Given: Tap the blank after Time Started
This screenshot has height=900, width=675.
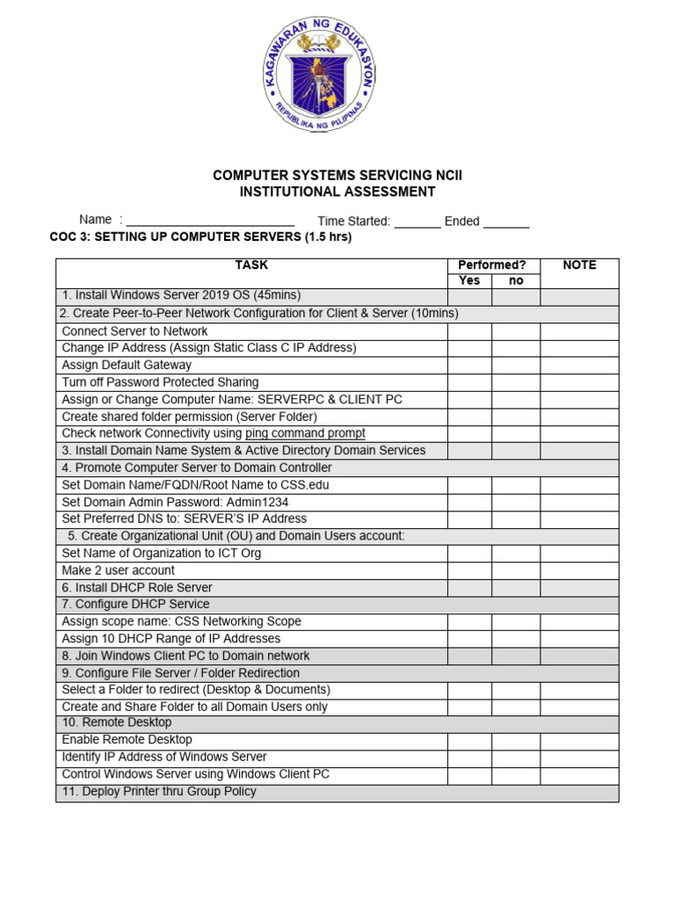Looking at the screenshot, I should [x=417, y=221].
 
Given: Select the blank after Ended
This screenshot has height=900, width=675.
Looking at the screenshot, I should [x=506, y=221].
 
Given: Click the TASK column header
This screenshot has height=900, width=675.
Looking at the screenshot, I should [x=251, y=265].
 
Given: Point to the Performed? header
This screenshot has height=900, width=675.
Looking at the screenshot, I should [x=492, y=265].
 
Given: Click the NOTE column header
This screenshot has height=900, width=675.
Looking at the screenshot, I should [x=579, y=265].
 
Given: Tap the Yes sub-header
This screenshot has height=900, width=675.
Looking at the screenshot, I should [x=469, y=280].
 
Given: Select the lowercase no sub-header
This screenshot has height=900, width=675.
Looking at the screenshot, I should [x=516, y=280].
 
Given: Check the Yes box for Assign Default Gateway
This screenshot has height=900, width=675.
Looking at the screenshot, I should [x=469, y=365].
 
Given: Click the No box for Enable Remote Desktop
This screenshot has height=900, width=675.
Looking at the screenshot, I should [x=516, y=740].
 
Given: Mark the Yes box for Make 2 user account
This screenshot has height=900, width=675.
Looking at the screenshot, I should [x=469, y=570].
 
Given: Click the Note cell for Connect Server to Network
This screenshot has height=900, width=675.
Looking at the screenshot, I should [x=579, y=331].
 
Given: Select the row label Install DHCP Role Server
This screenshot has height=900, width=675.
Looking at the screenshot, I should [x=137, y=587].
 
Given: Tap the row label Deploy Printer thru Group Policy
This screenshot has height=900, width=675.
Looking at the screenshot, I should [x=159, y=791].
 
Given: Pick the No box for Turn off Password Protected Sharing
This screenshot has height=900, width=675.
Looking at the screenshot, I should [x=516, y=382].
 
